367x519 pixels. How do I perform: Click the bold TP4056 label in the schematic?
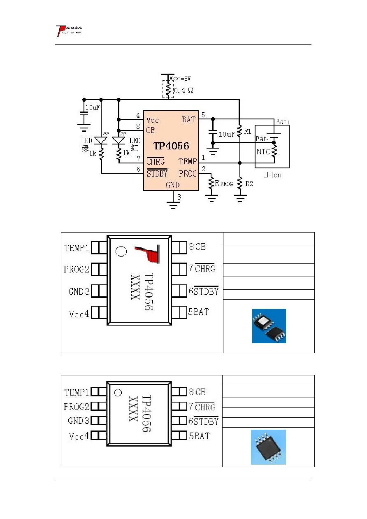tap(171, 146)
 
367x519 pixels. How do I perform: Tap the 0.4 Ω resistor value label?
tap(183, 90)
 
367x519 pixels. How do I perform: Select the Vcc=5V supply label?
tap(180, 79)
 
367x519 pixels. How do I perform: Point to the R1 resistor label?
tap(248, 132)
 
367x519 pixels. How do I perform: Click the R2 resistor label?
tap(249, 184)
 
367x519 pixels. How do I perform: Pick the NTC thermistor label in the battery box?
tap(263, 152)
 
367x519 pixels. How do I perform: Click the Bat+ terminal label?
tap(283, 122)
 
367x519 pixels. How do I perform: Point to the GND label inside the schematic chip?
tap(172, 185)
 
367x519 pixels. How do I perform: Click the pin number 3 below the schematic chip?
tap(179, 197)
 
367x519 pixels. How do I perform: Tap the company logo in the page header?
tap(69, 31)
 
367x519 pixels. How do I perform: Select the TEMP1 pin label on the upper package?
tap(77, 248)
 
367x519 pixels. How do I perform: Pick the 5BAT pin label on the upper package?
tap(198, 312)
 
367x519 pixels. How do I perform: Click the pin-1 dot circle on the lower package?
tap(118, 393)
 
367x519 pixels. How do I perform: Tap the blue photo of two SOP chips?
tap(269, 326)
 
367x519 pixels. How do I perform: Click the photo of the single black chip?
tap(268, 447)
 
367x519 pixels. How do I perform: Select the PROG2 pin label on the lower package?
tap(77, 407)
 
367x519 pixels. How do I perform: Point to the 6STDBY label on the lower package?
tap(203, 421)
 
